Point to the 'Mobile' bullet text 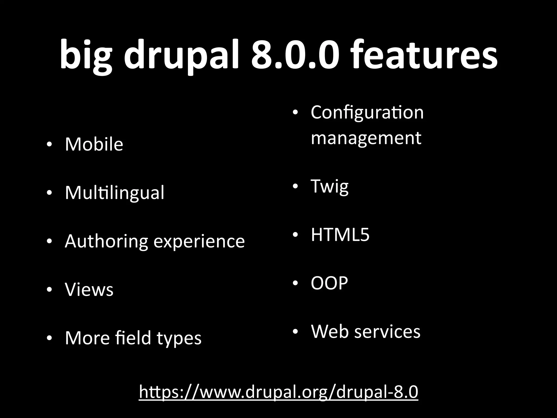pos(94,144)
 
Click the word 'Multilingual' pos(115,193)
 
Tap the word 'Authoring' pos(106,241)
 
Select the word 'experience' pos(199,242)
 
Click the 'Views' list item pos(89,289)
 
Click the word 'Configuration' pos(367,112)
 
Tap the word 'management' pos(366,138)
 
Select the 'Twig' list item pos(329,186)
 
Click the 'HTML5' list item pos(340,235)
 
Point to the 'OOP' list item pos(329,283)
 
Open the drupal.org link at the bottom pos(278,392)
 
